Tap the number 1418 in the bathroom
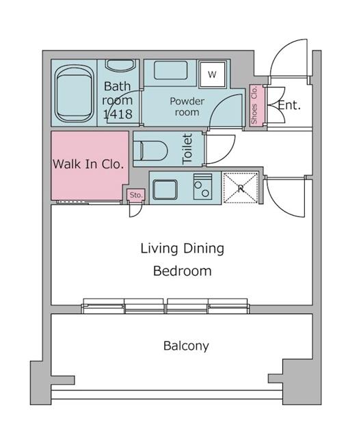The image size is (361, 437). [118, 115]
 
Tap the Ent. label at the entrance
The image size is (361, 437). [289, 106]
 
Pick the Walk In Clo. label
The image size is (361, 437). [89, 164]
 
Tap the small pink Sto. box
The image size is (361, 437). [136, 195]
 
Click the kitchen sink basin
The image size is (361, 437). [165, 188]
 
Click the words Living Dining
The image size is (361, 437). [182, 249]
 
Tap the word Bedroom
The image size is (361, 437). [182, 271]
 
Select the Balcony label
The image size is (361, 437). [186, 346]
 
